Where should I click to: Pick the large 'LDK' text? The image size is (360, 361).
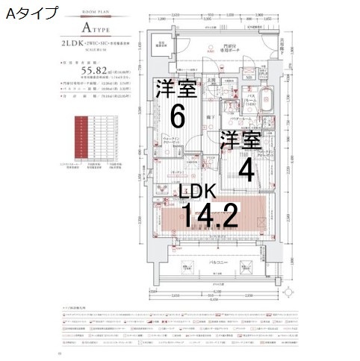coord(196,190)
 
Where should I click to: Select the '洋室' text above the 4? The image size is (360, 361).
coord(240,141)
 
